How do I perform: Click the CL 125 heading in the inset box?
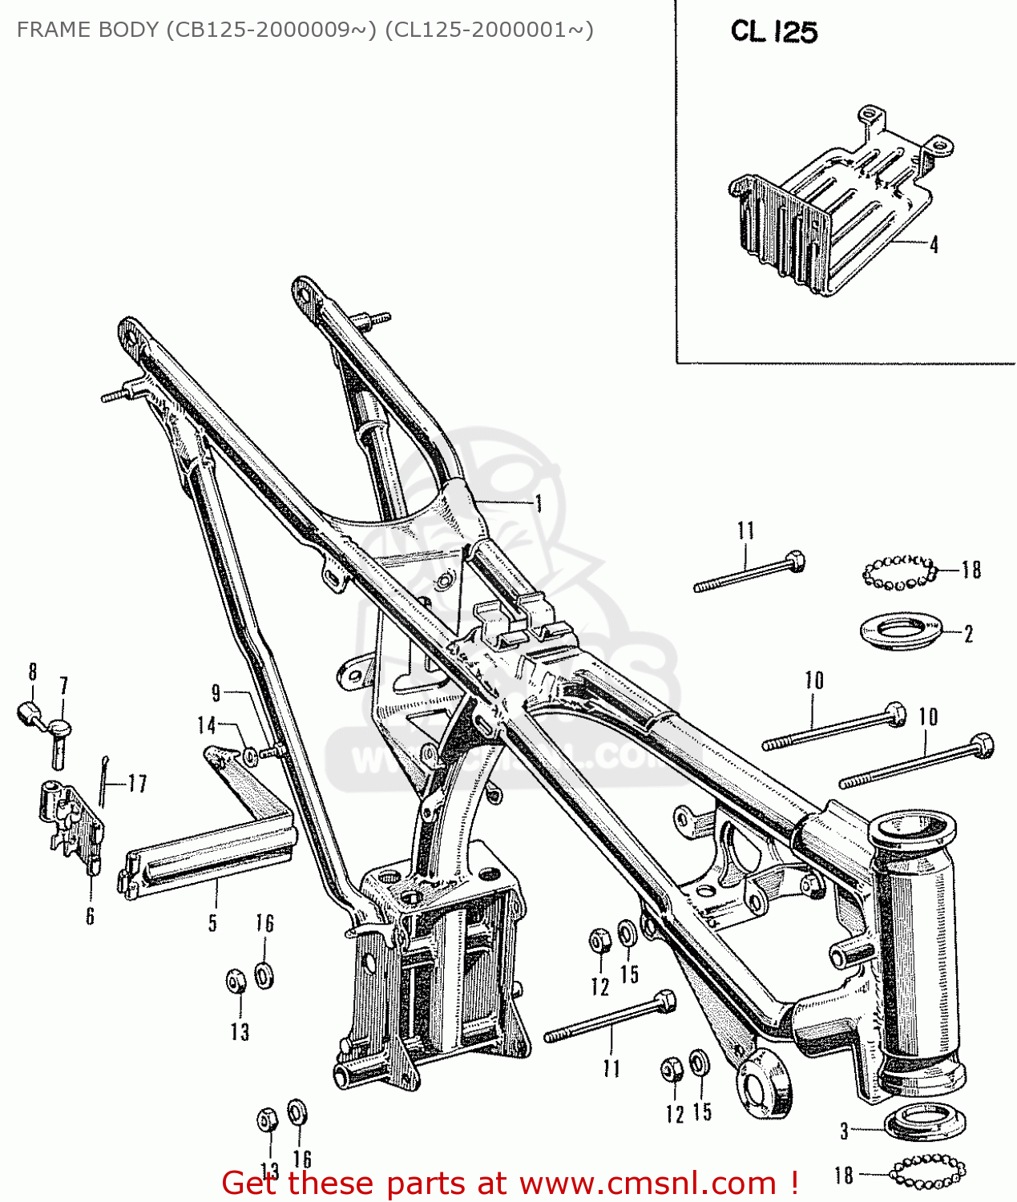point(773,32)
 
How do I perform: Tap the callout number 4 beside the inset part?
point(934,244)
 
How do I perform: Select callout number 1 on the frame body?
point(539,503)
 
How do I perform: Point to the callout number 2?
point(968,634)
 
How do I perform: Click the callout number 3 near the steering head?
point(844,1131)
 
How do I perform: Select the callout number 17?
point(137,784)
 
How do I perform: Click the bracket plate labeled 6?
point(71,825)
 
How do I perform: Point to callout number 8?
point(33,672)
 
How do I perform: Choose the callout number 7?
point(63,686)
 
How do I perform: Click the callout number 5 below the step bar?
point(212,923)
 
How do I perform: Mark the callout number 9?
point(216,693)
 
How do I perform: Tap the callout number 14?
point(207,725)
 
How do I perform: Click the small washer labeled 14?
point(250,754)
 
